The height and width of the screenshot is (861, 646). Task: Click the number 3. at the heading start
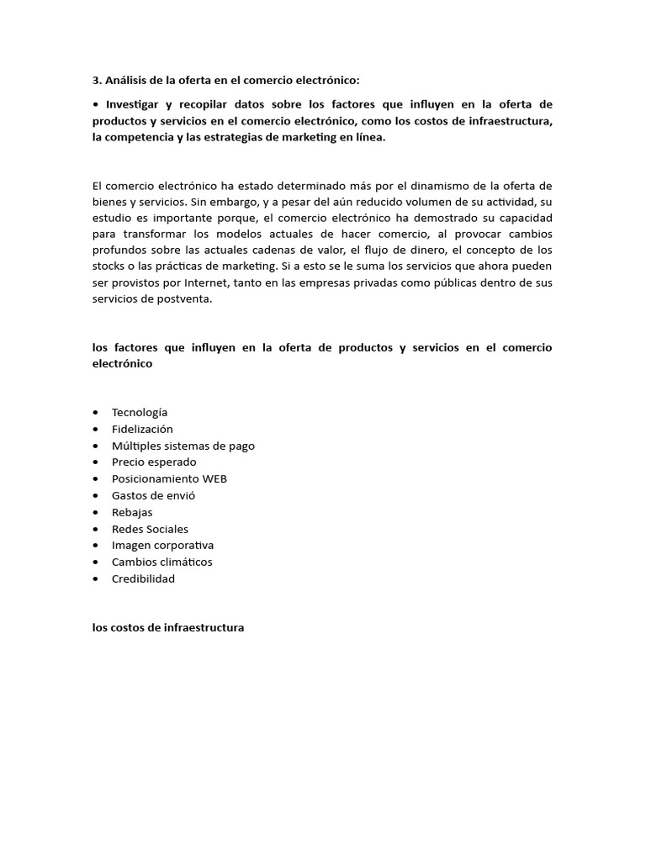[x=97, y=81]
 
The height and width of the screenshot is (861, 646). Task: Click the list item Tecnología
[x=140, y=412]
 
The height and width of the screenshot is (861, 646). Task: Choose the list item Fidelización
[x=142, y=429]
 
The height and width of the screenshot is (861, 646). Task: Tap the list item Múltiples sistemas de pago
[x=183, y=446]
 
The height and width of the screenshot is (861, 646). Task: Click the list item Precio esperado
[x=154, y=462]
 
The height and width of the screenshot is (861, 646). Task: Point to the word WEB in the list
[x=214, y=478]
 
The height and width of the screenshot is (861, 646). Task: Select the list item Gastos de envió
[x=153, y=495]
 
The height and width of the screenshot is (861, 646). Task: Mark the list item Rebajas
[x=132, y=512]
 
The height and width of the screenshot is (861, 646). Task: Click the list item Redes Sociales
[x=150, y=529]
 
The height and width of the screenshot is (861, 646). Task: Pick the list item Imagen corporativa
[x=162, y=545]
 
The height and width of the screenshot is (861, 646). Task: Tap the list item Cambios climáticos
[x=161, y=562]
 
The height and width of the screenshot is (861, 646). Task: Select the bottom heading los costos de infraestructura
[x=168, y=627]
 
